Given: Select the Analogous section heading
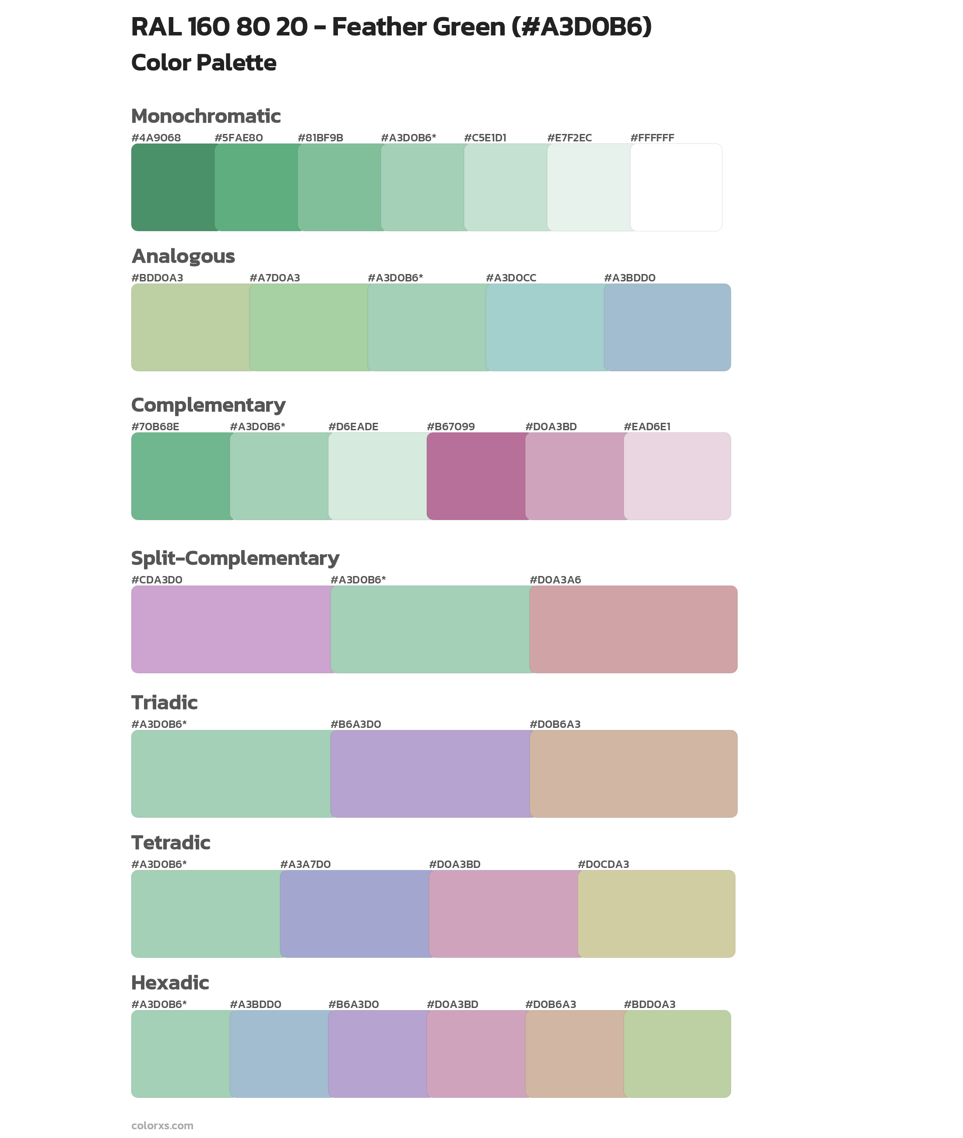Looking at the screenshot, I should [183, 256].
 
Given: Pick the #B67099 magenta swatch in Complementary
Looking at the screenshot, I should [476, 476].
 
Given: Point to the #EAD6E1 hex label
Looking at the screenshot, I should [647, 426].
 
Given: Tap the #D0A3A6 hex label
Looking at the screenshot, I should [555, 580].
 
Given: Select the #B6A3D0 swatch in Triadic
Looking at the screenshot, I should [430, 773].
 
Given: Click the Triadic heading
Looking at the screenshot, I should [164, 702].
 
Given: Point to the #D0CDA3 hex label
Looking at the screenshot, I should [603, 864].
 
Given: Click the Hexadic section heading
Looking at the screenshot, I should [170, 983].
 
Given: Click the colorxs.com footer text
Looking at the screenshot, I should [162, 1125].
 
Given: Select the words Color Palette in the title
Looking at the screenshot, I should [204, 63].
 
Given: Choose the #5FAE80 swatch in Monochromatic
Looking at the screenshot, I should [257, 187].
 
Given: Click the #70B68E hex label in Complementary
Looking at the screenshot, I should [155, 426].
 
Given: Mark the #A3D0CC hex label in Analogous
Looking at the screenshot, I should [510, 278].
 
